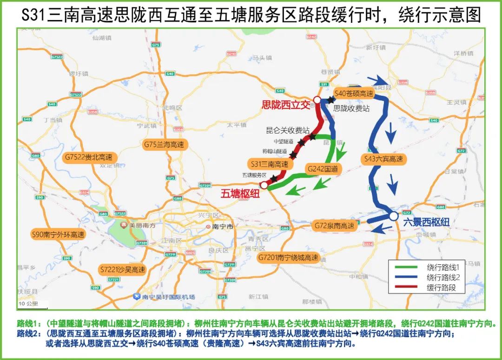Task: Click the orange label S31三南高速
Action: pyautogui.click(x=270, y=164)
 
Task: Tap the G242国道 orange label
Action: pyautogui.click(x=323, y=168)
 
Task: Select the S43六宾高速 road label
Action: pyautogui.click(x=383, y=159)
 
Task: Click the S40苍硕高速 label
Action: pyautogui.click(x=354, y=93)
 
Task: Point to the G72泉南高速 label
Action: pyautogui.click(x=333, y=226)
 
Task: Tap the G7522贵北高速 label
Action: pyautogui.click(x=89, y=157)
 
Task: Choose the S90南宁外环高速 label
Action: pyautogui.click(x=58, y=234)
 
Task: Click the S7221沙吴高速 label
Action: pyautogui.click(x=123, y=270)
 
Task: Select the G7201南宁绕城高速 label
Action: pyautogui.click(x=289, y=258)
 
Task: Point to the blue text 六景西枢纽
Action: pyautogui.click(x=426, y=223)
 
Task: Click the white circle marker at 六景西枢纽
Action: pyautogui.click(x=394, y=216)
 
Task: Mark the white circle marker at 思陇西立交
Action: pyautogui.click(x=317, y=100)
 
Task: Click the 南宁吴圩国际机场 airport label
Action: pyautogui.click(x=165, y=296)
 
